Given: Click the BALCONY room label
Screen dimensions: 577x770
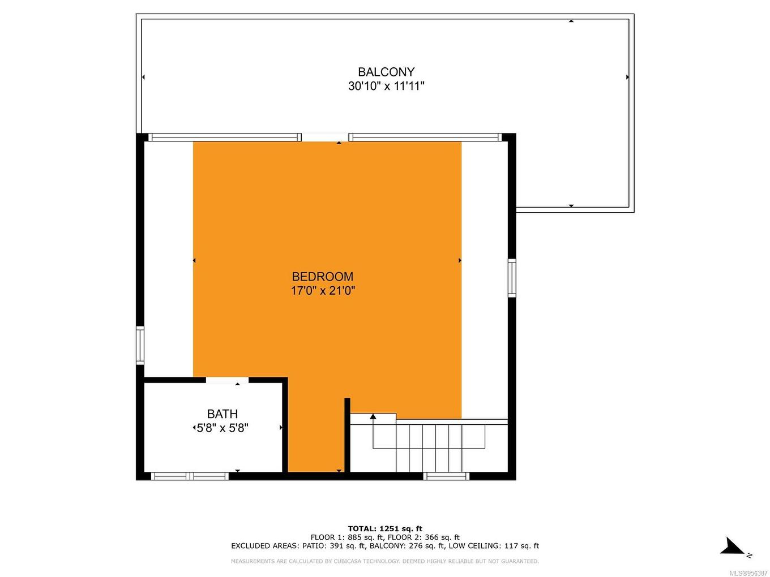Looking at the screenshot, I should click(x=386, y=72).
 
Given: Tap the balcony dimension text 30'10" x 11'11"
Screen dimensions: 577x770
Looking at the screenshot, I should click(x=386, y=86).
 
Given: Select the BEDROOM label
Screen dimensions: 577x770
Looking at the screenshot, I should click(x=323, y=277).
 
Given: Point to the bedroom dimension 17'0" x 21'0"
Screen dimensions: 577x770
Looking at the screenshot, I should click(x=323, y=291).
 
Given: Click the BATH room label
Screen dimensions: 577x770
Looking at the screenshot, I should click(x=223, y=414).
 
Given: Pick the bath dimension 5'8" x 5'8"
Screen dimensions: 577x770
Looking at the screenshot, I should click(x=223, y=428).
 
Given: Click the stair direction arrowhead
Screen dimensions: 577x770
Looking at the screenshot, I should click(x=373, y=417).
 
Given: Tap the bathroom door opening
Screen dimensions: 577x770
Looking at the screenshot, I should click(x=227, y=380).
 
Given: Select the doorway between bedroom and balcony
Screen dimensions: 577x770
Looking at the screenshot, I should click(x=325, y=137).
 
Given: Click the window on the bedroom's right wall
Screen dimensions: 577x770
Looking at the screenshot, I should click(x=512, y=278).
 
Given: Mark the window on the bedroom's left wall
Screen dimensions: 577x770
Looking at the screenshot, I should click(x=140, y=345).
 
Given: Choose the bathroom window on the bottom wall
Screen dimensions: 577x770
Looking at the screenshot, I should click(x=190, y=476).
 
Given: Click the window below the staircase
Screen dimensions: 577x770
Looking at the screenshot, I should click(x=447, y=476).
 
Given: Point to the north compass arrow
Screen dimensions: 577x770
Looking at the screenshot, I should click(x=733, y=547).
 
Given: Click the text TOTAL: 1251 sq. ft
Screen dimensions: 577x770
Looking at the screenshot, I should click(x=385, y=529).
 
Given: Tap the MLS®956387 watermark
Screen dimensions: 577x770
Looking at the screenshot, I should click(x=748, y=573).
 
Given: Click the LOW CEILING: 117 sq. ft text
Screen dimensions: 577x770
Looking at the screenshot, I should click(x=494, y=546).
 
